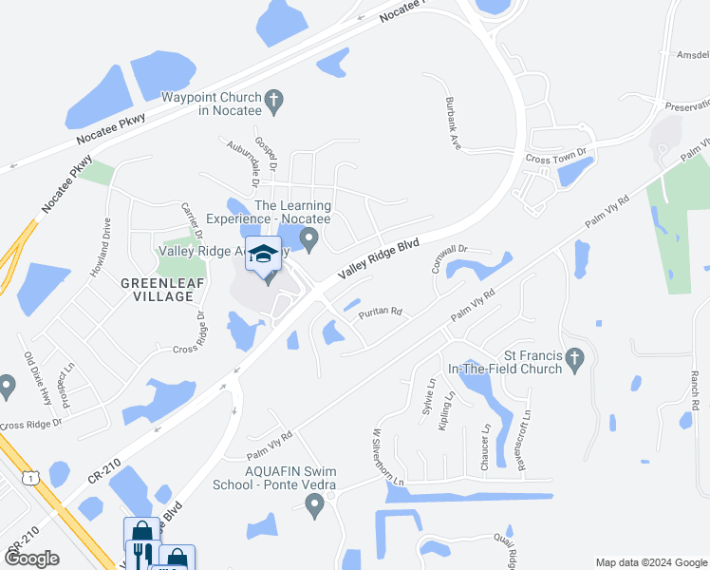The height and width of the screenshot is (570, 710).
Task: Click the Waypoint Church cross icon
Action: [273, 98]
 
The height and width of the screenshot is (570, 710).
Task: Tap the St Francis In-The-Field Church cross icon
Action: [572, 359]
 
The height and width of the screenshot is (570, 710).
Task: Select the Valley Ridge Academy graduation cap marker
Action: [264, 255]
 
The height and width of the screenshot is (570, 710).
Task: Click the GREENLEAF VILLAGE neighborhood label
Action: [158, 290]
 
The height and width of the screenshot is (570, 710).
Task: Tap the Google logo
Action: [31, 559]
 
